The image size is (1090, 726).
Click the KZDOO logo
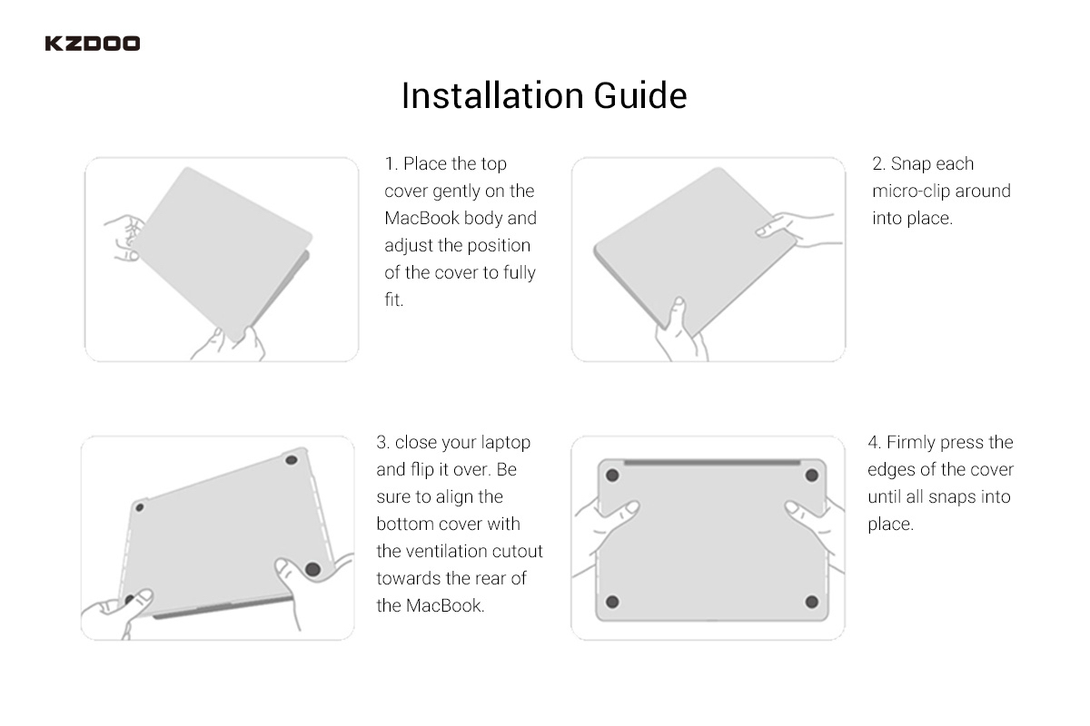coord(93,44)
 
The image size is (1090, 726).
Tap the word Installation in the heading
coord(492,95)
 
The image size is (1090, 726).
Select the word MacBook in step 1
coord(421,218)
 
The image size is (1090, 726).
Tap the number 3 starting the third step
coord(382,442)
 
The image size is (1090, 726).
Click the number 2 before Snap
coord(877,164)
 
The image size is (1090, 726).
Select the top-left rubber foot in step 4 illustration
coord(612,476)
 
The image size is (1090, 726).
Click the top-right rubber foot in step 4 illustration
coord(812,476)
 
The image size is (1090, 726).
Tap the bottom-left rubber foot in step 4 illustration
coord(612,602)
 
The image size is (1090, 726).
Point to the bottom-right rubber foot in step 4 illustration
coord(812,602)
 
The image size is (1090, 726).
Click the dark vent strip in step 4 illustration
coord(712,463)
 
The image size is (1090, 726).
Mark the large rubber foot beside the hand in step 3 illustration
coord(312,569)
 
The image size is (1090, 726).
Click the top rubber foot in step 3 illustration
coord(291,460)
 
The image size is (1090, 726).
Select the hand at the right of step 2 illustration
coord(798,229)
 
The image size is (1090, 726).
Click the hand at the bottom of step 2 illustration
coord(679,330)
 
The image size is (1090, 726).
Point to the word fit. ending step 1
coord(394,299)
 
